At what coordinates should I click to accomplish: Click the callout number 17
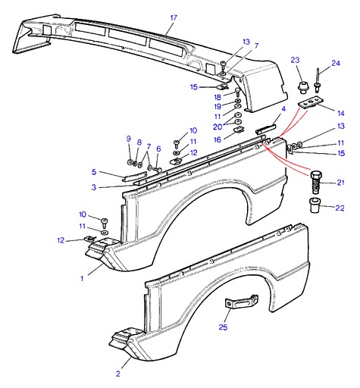[x=174, y=18]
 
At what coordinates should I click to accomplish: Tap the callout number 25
[x=223, y=327]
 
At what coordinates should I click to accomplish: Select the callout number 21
[x=340, y=183]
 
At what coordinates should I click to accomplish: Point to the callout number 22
[x=340, y=208]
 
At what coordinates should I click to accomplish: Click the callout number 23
[x=295, y=60]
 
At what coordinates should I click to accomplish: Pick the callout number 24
[x=336, y=63]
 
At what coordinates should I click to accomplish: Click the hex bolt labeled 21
[x=315, y=183]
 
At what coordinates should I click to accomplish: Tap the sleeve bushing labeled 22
[x=315, y=205]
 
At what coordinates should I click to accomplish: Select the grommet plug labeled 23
[x=302, y=87]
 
